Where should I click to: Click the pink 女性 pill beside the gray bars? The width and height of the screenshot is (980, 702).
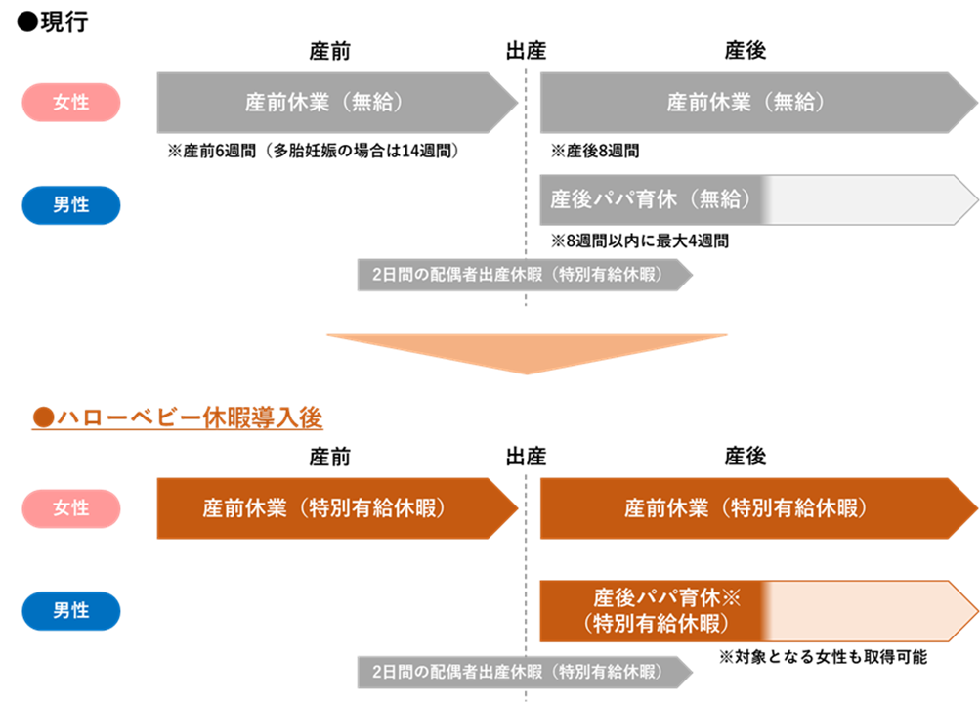pyautogui.click(x=70, y=102)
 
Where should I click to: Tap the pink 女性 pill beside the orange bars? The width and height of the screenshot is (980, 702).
pyautogui.click(x=70, y=508)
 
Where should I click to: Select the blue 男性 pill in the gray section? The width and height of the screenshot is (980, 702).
pyautogui.click(x=70, y=205)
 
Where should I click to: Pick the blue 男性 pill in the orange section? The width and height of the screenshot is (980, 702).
pyautogui.click(x=70, y=611)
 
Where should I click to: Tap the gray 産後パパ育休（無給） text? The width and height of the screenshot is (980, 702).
pyautogui.click(x=650, y=199)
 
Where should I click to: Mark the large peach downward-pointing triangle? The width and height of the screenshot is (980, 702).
pyautogui.click(x=528, y=352)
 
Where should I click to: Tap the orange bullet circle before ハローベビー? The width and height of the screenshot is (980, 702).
pyautogui.click(x=41, y=418)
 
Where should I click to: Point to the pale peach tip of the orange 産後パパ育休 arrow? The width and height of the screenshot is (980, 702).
pyautogui.click(x=870, y=612)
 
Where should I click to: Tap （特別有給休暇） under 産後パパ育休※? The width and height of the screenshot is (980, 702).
pyautogui.click(x=655, y=624)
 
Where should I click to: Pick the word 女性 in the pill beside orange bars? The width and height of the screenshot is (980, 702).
pyautogui.click(x=70, y=508)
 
